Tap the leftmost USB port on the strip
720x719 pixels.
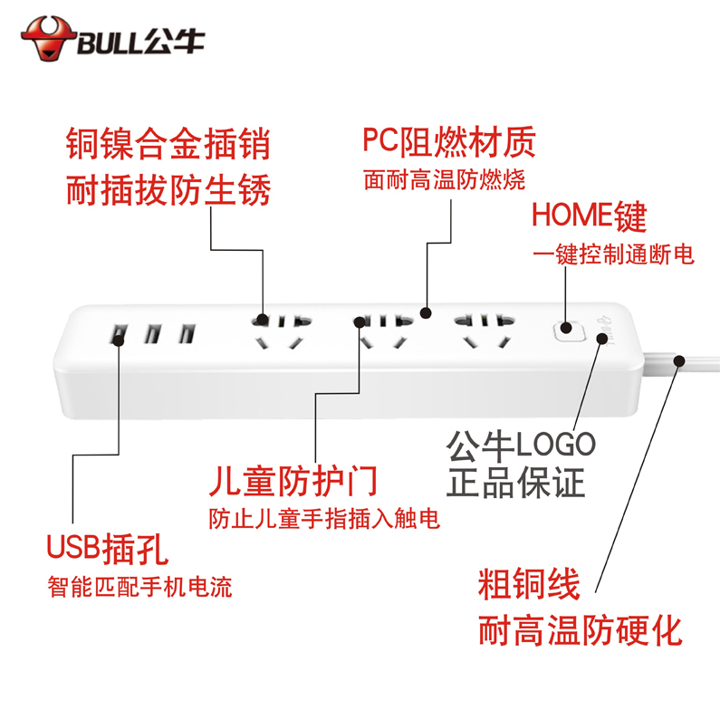119,335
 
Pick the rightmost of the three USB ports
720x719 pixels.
187,334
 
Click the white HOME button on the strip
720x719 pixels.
566,331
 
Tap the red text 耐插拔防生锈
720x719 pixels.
168,190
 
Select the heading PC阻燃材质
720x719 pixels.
449,141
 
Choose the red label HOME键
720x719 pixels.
589,217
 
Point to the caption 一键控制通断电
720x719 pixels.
613,255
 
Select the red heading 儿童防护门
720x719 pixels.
292,481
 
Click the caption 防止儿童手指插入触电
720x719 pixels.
324,520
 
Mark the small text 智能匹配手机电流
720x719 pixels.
139,587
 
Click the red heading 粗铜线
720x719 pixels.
528,585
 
